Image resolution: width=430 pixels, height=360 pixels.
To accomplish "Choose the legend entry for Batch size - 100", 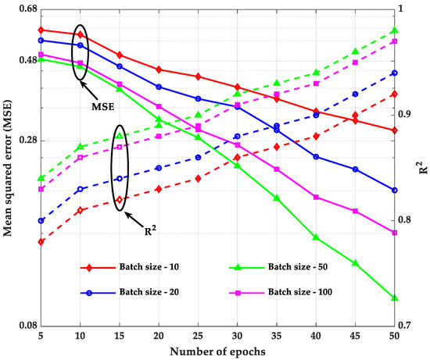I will pyautogui.click(x=307, y=292).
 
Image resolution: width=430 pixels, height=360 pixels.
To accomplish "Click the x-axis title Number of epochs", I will pyautogui.click(x=217, y=351).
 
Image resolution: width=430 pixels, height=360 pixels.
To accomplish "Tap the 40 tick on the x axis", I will pyautogui.click(x=316, y=334).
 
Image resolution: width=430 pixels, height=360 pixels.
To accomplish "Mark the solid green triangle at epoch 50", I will pyautogui.click(x=394, y=298).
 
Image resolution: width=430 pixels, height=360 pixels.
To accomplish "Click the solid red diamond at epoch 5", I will pyautogui.click(x=41, y=30).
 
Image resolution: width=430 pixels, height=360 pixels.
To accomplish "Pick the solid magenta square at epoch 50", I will pyautogui.click(x=394, y=233).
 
